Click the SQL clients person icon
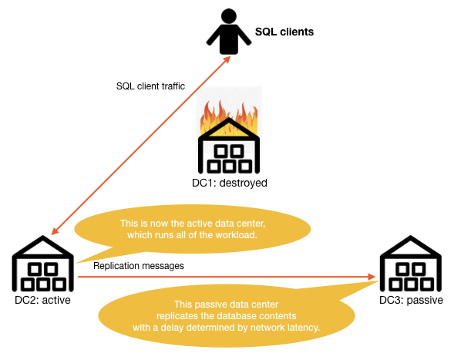tap(229, 32)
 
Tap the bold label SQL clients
tap(284, 32)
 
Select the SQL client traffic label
tap(150, 86)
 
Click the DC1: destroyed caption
tap(230, 183)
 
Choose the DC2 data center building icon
tap(43, 264)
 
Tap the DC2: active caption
tap(42, 300)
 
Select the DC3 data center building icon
tap(411, 264)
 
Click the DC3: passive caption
tap(411, 301)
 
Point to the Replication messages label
tap(139, 266)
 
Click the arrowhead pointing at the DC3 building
tap(372, 277)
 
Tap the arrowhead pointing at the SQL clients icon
tap(227, 59)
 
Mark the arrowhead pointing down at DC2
tap(55, 231)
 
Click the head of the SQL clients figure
tap(229, 16)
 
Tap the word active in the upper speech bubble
tap(199, 224)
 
